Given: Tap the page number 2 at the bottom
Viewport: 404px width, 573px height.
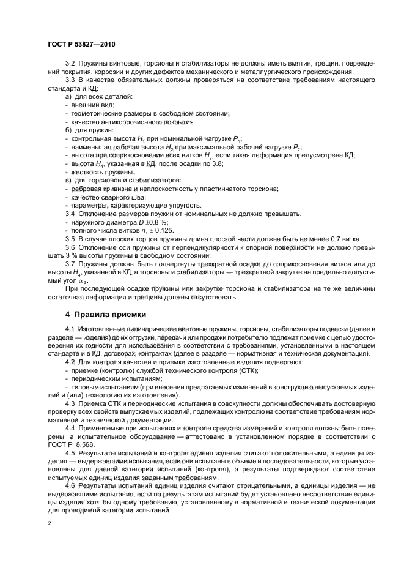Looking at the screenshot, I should click(x=50, y=524).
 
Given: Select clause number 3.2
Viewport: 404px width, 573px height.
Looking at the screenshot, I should click(x=70, y=64).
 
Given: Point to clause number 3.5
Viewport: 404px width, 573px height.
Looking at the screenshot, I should click(x=70, y=238).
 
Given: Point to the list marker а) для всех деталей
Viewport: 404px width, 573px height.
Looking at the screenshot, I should click(x=68, y=97).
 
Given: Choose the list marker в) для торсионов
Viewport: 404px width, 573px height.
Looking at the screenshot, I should click(x=68, y=180).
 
